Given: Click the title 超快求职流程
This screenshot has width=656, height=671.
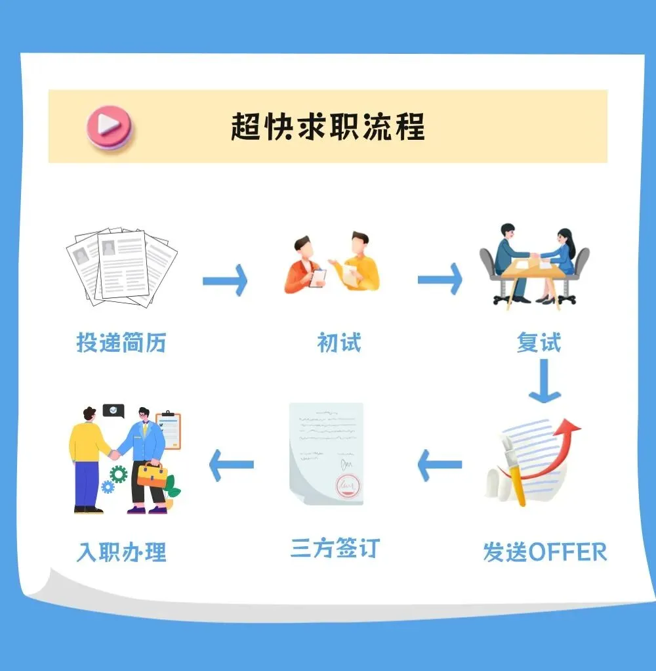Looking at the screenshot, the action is [x=327, y=126].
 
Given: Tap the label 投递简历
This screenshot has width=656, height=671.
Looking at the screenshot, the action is [x=121, y=342].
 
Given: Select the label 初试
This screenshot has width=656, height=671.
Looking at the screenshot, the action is [x=338, y=342].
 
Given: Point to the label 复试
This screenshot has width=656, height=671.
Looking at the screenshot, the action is [x=539, y=342].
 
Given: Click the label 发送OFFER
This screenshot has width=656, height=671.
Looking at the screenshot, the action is [x=544, y=552].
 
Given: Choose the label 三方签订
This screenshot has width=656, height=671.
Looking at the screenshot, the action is [x=335, y=548].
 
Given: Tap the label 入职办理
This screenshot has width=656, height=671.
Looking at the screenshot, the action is [x=121, y=552].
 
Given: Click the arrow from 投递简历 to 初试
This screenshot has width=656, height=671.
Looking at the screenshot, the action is [x=225, y=281].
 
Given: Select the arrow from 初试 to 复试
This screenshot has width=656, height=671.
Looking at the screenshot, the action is [x=440, y=280].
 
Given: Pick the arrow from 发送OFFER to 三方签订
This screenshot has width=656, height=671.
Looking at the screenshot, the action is [x=439, y=465].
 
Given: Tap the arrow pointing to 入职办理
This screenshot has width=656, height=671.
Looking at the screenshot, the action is [x=231, y=464].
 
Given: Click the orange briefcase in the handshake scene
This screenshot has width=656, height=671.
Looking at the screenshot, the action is [x=152, y=475].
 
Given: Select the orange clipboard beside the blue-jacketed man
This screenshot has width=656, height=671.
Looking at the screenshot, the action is [x=169, y=430].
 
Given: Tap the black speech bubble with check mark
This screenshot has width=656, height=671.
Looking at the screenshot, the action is [x=113, y=411].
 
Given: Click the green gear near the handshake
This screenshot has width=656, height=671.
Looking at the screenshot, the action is [x=118, y=473].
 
